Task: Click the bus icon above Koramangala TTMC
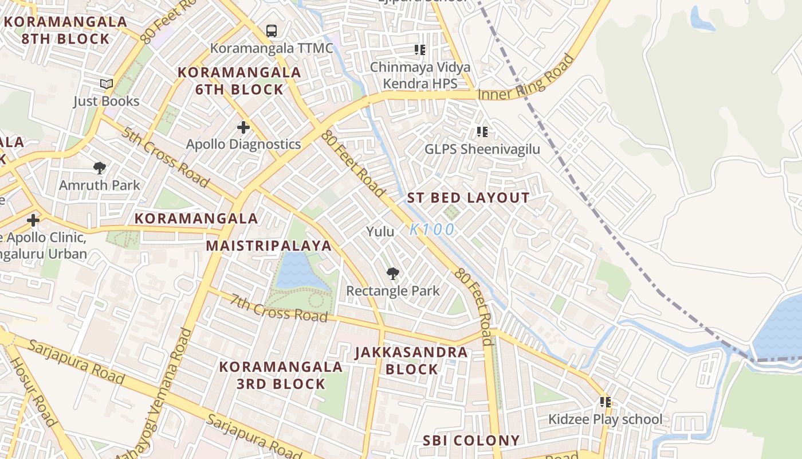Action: [272, 31]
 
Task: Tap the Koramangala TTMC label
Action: [272, 48]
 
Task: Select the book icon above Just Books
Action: [107, 84]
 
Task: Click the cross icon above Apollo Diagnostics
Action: [243, 127]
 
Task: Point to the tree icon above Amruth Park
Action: [100, 168]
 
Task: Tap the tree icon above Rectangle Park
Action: [392, 274]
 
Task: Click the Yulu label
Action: [380, 232]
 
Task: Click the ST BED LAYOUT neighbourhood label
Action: [468, 199]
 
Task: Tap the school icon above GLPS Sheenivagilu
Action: [482, 133]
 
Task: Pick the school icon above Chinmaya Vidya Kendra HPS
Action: [420, 50]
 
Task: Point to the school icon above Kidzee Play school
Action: [605, 402]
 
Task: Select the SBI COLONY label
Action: [471, 441]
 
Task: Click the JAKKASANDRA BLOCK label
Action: [411, 360]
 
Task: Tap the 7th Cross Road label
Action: [279, 308]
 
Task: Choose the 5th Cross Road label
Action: [165, 157]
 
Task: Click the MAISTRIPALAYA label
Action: [269, 246]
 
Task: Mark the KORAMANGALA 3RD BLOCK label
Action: [281, 375]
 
